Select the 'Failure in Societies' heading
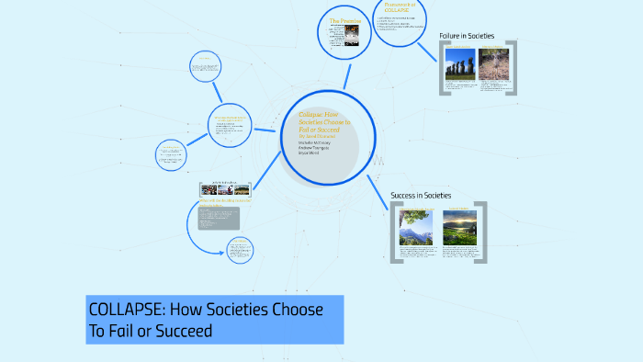(x=467, y=36)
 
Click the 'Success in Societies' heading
(x=421, y=196)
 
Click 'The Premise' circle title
(x=346, y=20)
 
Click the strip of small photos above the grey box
(x=224, y=189)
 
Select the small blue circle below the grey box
(x=240, y=248)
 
